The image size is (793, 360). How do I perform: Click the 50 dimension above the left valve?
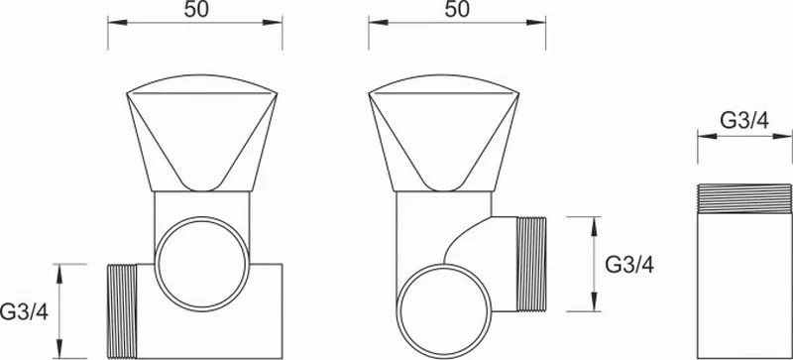195,10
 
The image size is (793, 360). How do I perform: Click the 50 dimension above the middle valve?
457,10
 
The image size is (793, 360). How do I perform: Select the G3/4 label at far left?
24,312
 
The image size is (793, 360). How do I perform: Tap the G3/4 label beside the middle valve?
629,265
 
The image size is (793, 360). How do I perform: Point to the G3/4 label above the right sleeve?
744,121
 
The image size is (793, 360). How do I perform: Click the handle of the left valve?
202,133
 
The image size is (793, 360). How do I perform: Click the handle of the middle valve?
444,133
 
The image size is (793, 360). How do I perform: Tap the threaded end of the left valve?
122,311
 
